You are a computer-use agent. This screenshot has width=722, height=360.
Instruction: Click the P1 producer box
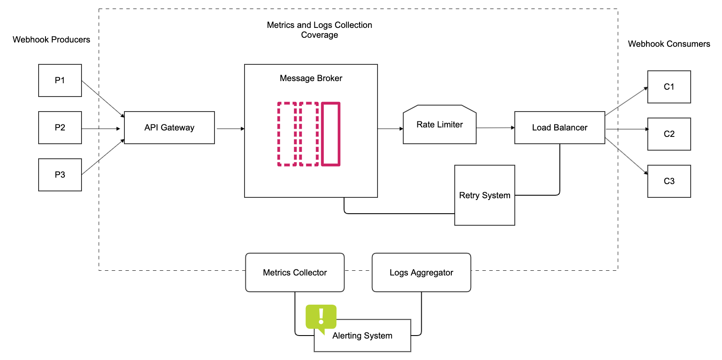click(x=60, y=80)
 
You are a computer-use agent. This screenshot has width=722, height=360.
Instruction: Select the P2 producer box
click(x=60, y=127)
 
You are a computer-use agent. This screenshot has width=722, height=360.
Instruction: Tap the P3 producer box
click(x=60, y=175)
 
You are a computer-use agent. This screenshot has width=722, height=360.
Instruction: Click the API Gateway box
click(x=169, y=127)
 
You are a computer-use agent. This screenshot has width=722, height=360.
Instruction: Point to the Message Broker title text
click(x=311, y=78)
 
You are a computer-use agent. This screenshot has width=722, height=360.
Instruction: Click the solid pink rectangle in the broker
click(x=331, y=134)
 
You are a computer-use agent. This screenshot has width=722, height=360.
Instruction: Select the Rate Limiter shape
click(x=439, y=124)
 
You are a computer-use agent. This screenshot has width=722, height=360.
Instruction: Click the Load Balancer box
click(x=559, y=127)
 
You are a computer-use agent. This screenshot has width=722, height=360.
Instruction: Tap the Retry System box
click(x=484, y=195)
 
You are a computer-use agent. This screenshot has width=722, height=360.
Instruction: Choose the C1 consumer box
click(x=669, y=87)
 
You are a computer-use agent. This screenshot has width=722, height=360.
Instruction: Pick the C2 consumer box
click(x=669, y=134)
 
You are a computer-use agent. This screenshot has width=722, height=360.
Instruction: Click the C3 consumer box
click(x=669, y=181)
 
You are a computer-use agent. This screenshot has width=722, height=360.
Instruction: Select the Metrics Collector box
click(x=295, y=272)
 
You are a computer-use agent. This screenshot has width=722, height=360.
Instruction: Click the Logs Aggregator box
click(x=421, y=272)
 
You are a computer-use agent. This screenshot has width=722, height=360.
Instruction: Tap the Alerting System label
click(x=362, y=336)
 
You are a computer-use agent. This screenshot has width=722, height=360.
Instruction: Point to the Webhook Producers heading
click(x=51, y=39)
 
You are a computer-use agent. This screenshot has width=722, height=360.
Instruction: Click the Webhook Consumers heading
click(x=669, y=44)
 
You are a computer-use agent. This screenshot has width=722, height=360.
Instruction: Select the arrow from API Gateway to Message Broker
click(x=230, y=129)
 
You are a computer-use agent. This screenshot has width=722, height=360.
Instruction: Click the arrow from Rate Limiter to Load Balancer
click(x=495, y=128)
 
